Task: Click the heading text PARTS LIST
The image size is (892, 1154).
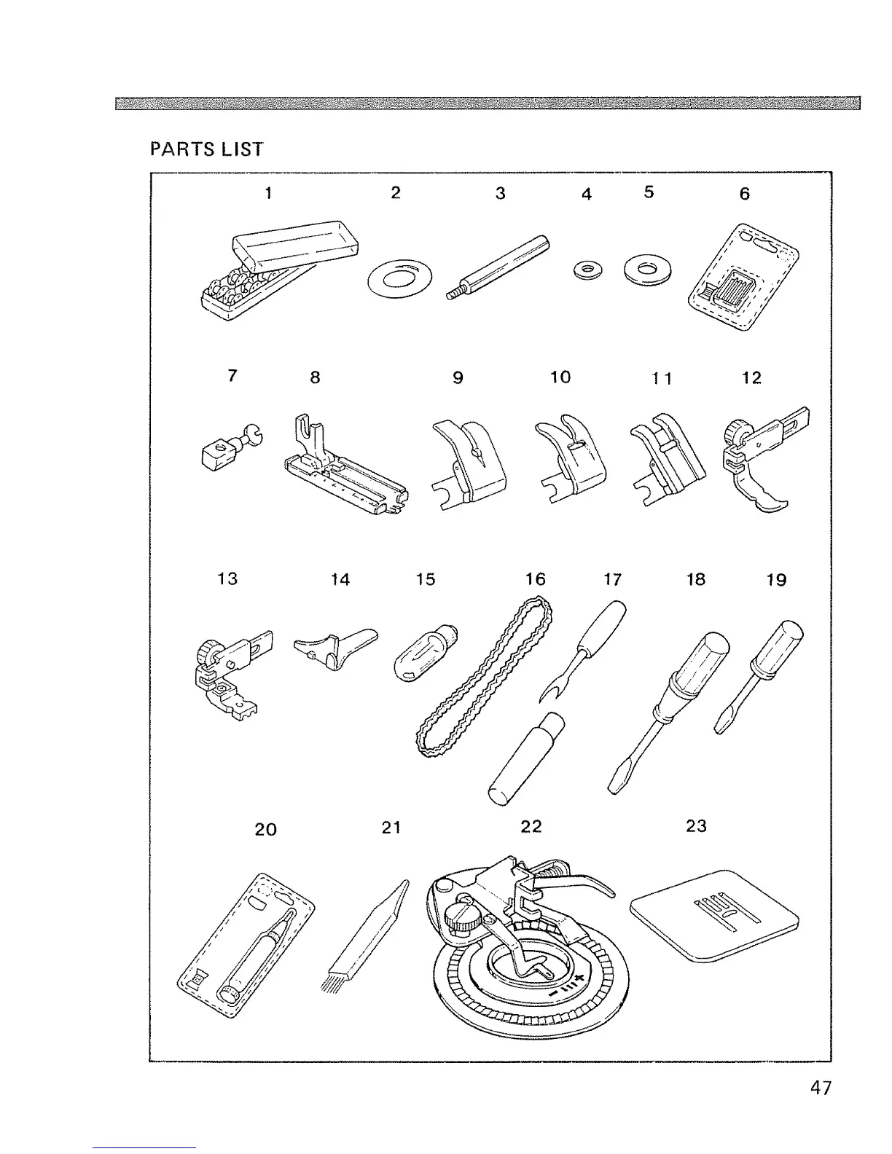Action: pos(206,149)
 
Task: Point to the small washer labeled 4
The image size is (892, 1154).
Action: pos(587,271)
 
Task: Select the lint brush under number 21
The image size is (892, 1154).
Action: pos(364,940)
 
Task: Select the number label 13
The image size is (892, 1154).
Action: pos(227,579)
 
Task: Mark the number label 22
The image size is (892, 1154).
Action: pos(531,826)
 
